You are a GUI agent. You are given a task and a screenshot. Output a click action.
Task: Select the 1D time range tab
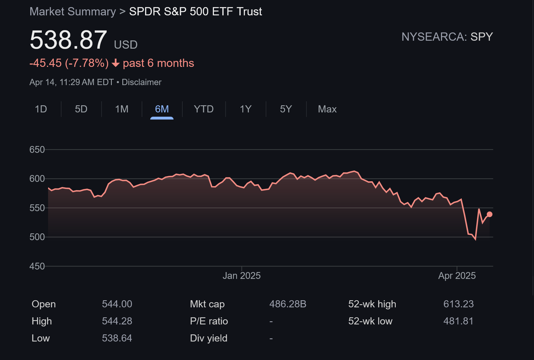(x=41, y=109)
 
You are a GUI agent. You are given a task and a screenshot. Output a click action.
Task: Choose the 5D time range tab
(x=81, y=109)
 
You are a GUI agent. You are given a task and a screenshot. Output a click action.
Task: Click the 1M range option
(x=122, y=109)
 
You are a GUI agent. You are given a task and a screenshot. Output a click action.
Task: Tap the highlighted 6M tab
(x=162, y=109)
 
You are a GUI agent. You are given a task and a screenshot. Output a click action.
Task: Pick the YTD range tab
(x=204, y=109)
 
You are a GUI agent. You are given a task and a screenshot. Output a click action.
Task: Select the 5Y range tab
(x=286, y=109)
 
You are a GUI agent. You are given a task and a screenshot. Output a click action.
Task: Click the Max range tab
(x=327, y=109)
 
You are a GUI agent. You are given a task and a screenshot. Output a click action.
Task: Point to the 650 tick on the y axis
(x=37, y=150)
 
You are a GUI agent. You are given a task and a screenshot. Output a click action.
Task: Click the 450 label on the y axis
(x=37, y=266)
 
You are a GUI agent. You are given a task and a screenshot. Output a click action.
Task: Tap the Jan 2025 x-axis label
(x=242, y=275)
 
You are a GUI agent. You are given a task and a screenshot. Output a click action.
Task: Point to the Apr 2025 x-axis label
(x=457, y=275)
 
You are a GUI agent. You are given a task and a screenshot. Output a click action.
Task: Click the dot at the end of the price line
(x=490, y=214)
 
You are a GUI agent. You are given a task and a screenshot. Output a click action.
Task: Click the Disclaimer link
(x=141, y=82)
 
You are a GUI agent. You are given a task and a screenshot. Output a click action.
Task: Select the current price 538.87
(x=68, y=40)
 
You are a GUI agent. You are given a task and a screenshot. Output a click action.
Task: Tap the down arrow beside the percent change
(x=116, y=63)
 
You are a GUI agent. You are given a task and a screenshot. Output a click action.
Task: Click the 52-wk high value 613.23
(x=458, y=304)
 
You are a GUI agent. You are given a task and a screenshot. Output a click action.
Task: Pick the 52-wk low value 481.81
(x=458, y=321)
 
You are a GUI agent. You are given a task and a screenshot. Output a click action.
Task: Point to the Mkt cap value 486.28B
(x=288, y=304)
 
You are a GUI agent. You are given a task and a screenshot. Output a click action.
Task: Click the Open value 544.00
(x=117, y=304)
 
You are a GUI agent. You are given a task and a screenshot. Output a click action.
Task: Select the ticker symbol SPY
(x=481, y=37)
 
